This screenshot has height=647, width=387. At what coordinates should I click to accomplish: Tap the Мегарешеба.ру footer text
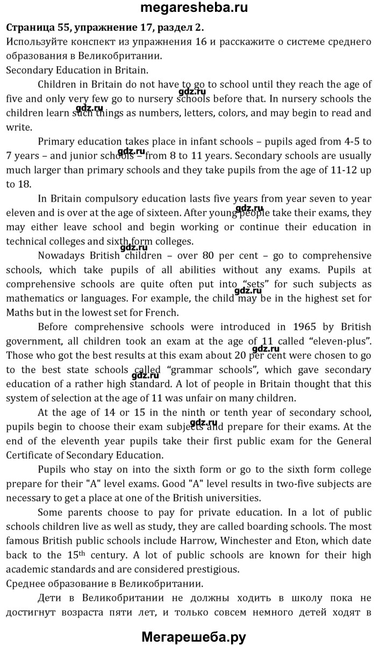click(193, 637)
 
